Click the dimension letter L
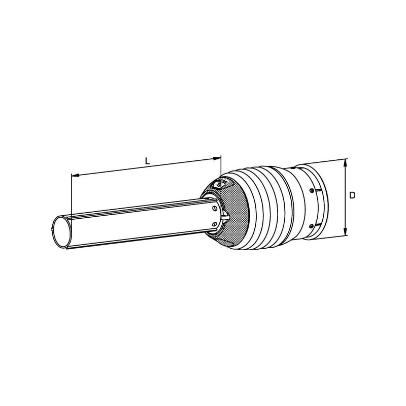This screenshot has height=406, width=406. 147,161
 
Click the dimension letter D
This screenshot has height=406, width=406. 352,195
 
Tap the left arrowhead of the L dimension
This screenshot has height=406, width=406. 75,175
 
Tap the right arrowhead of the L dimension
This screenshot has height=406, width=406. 217,158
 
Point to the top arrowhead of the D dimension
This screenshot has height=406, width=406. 345,163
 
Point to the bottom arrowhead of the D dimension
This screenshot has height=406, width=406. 345,231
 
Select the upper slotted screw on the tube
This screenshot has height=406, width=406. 214,209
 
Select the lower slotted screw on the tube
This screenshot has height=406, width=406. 214,224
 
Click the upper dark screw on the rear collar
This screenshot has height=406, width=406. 312,191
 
